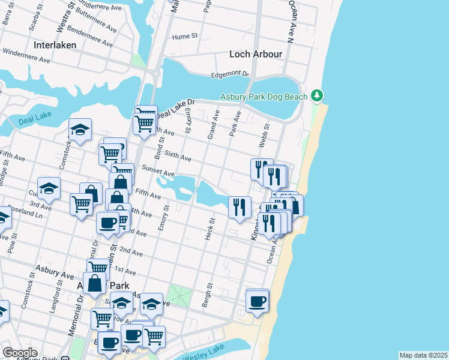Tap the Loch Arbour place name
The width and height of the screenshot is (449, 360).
(x=256, y=54)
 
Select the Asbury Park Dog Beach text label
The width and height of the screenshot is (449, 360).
(x=264, y=97)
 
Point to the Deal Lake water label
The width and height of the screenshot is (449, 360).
(x=35, y=119)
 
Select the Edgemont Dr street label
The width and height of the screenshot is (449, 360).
(x=229, y=74)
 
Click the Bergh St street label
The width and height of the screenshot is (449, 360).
(x=207, y=296)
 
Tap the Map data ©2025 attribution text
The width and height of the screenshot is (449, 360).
(x=423, y=355)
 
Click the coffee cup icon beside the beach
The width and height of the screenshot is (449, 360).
(x=258, y=301)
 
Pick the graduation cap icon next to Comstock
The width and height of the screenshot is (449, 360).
(x=80, y=130)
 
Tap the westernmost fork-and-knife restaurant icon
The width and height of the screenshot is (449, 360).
(x=240, y=207)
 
